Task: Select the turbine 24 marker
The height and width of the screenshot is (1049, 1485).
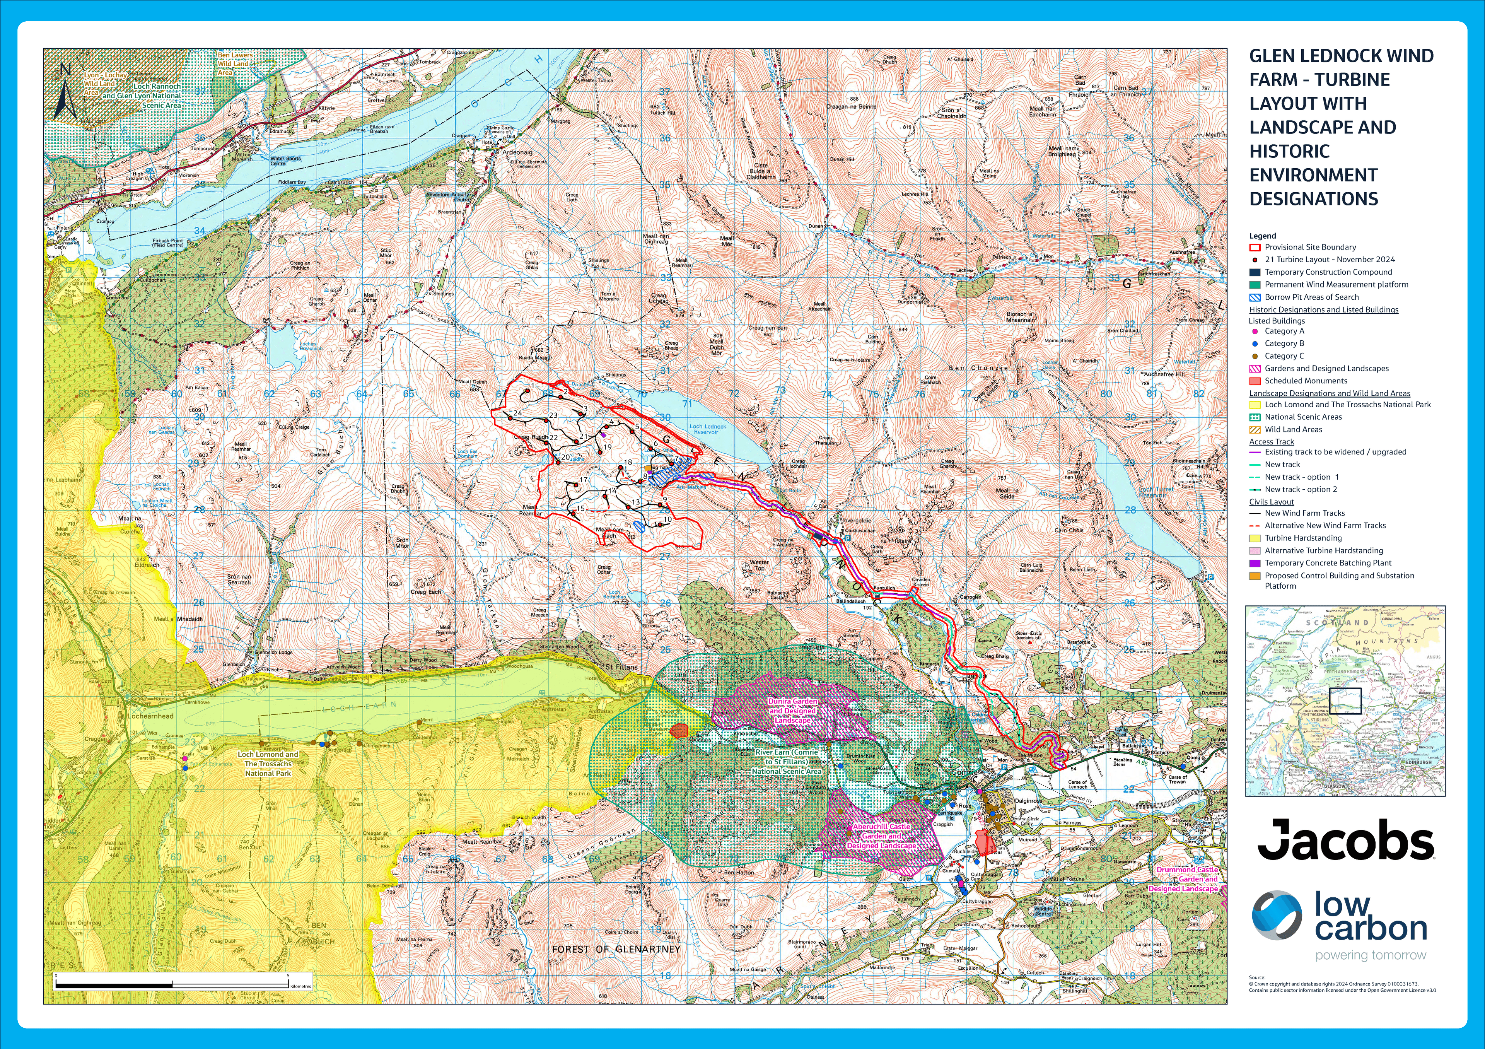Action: [x=510, y=419]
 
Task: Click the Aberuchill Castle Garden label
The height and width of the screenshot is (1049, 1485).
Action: [x=881, y=835]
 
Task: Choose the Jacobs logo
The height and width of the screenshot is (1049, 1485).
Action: [x=1345, y=839]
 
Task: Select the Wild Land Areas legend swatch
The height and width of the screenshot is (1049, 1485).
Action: [x=1255, y=429]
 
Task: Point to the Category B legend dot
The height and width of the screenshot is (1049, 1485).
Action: [x=1255, y=343]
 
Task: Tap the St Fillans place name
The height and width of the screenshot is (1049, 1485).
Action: [x=621, y=667]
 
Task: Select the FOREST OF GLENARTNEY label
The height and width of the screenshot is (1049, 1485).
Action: [x=616, y=949]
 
